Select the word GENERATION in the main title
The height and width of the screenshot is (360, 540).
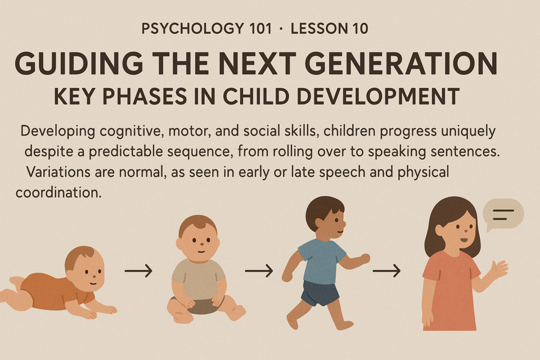pyautogui.click(x=401, y=64)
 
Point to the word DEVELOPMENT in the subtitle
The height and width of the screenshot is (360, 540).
pyautogui.click(x=378, y=96)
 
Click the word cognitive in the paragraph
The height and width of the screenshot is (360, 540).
pyautogui.click(x=132, y=132)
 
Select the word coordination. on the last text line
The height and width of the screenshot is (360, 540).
pyautogui.click(x=58, y=192)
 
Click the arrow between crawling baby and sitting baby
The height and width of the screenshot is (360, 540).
pyautogui.click(x=138, y=271)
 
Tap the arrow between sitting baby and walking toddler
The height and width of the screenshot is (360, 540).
pyautogui.click(x=259, y=271)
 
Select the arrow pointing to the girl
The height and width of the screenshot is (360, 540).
pyautogui.click(x=387, y=271)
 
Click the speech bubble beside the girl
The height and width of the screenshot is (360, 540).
pyautogui.click(x=503, y=214)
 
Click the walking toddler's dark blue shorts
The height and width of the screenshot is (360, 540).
pyautogui.click(x=319, y=293)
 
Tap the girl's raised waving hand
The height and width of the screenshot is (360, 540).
pyautogui.click(x=499, y=269)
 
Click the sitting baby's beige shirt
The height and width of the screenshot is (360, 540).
pyautogui.click(x=199, y=279)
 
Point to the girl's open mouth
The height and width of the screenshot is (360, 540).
pyautogui.click(x=464, y=240)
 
